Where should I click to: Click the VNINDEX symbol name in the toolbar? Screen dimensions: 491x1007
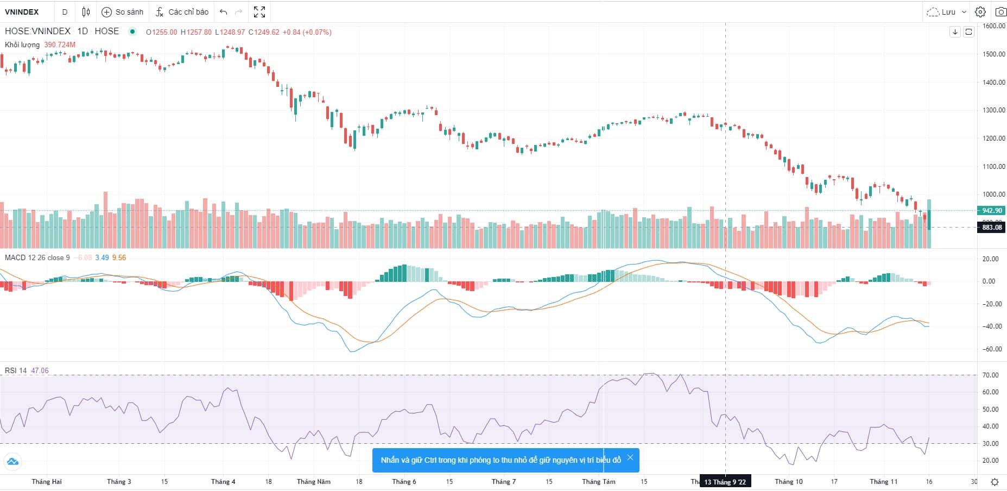[x=22, y=12]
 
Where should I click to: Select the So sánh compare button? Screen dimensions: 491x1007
[x=123, y=12]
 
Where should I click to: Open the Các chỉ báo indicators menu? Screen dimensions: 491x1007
[x=182, y=12]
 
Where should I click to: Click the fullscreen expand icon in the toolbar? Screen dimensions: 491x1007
[x=259, y=12]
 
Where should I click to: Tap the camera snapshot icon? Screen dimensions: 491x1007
[x=1000, y=12]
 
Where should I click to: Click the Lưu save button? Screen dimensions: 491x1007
[x=947, y=12]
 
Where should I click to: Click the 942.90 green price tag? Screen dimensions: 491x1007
[x=992, y=211]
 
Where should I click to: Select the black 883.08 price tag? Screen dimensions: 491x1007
[x=992, y=228]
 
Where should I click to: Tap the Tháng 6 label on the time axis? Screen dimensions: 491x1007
[x=404, y=482]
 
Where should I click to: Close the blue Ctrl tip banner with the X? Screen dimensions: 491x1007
[x=630, y=458]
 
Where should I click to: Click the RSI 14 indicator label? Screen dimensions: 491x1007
[x=16, y=371]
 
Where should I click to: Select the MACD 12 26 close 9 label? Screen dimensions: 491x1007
[x=37, y=258]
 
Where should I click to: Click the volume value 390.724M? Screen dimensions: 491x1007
[x=60, y=45]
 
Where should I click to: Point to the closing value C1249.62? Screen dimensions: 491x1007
[x=264, y=32]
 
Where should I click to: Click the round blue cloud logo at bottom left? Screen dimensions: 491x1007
[x=12, y=462]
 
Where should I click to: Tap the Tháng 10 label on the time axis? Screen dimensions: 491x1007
[x=788, y=482]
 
